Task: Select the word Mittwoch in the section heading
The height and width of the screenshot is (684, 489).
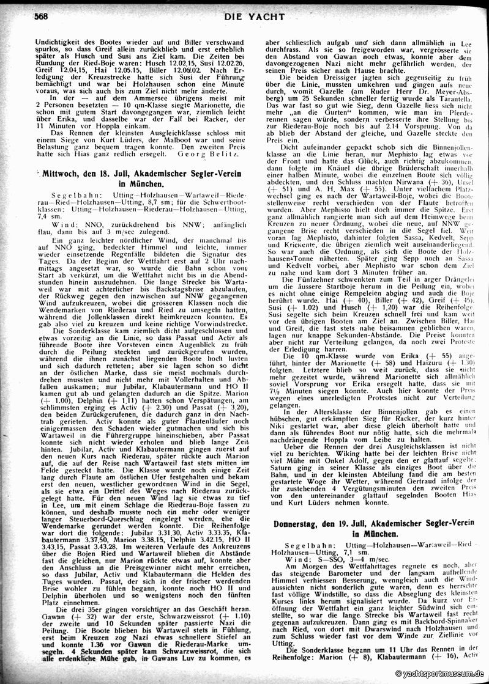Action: tap(62, 174)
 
